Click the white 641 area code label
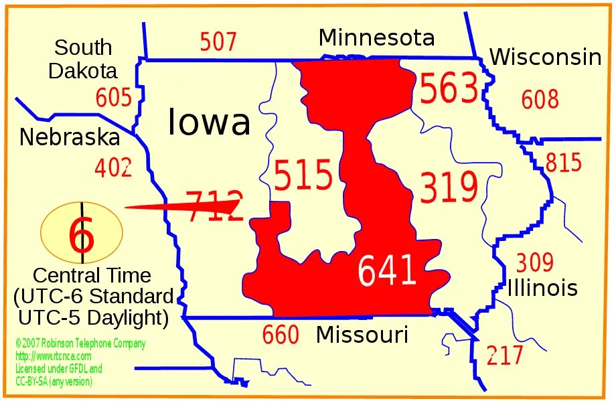(x=387, y=271)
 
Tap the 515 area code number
(x=303, y=175)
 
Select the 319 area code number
(x=449, y=187)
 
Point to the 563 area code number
(x=449, y=90)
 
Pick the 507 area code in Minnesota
(x=218, y=42)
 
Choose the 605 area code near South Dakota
(x=114, y=98)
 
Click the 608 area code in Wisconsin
(x=540, y=100)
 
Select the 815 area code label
(x=564, y=163)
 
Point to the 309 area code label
(x=535, y=262)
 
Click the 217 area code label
(x=505, y=355)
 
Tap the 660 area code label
(x=281, y=335)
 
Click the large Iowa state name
(x=209, y=123)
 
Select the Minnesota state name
(x=376, y=37)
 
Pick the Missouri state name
(x=362, y=334)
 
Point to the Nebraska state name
(x=70, y=137)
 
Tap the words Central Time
(x=92, y=275)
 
